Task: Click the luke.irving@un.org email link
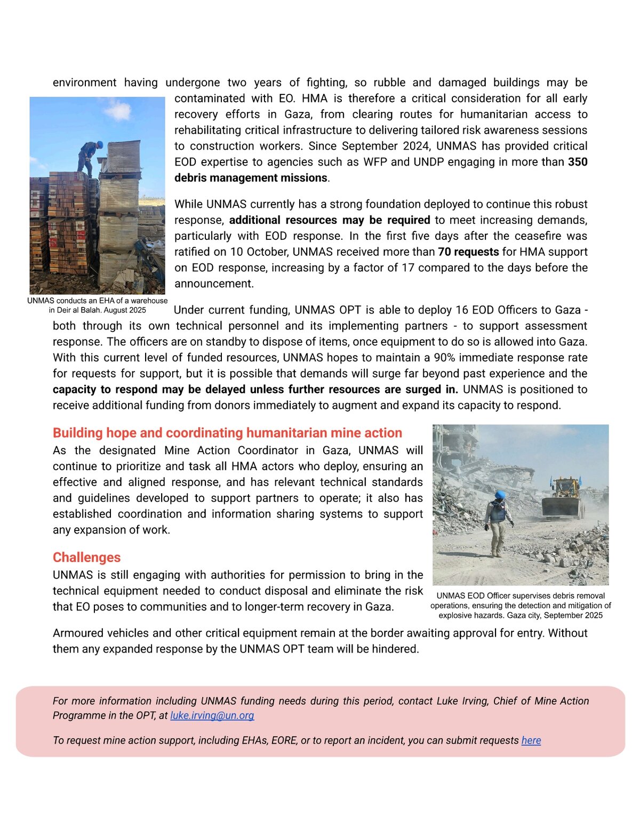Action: tap(212, 716)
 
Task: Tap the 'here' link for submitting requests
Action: tap(531, 741)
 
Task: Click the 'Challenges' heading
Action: tap(86, 557)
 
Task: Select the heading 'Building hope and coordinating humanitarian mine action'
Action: tap(227, 433)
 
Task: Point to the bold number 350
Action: tap(578, 162)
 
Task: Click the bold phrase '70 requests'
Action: tap(468, 252)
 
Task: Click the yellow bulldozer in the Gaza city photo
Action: tap(563, 499)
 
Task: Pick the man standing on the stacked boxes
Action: tap(90, 157)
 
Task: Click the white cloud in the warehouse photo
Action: tap(118, 111)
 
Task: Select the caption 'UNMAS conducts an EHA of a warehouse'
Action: tap(98, 301)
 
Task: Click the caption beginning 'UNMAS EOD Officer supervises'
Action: tap(521, 596)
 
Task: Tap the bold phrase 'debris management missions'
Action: tap(251, 178)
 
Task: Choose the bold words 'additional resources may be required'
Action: tap(330, 220)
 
